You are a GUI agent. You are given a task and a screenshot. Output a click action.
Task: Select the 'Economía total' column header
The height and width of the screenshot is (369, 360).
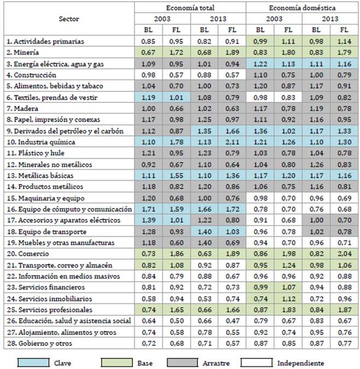point(190,8)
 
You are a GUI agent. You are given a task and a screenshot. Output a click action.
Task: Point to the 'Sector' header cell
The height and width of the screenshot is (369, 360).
point(68,19)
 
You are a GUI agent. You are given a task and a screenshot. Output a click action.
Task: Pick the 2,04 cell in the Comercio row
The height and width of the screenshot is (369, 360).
point(344,254)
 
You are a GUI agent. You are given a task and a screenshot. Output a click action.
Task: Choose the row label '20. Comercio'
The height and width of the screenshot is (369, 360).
point(25,254)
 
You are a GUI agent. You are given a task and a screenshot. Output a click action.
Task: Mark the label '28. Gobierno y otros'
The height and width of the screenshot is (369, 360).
point(34,343)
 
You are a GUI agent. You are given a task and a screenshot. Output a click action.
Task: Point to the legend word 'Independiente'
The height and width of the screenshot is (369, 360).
point(300,362)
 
